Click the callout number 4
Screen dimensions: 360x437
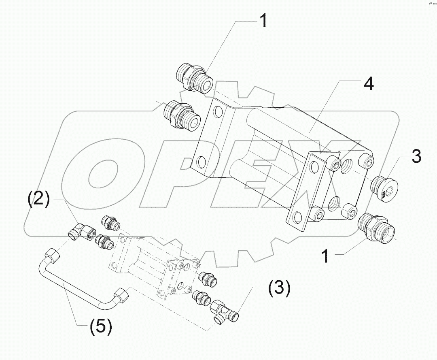coord(368,85)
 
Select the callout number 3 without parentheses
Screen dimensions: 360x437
coord(416,157)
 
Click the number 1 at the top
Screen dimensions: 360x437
coord(263,21)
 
